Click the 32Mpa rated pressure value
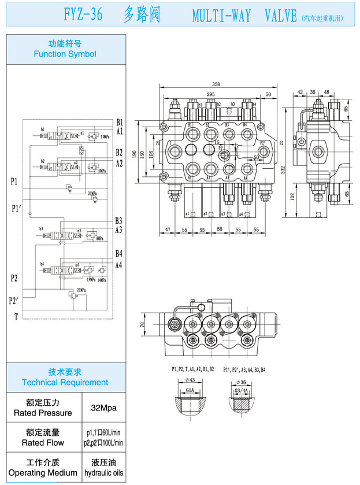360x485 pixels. tap(104, 408)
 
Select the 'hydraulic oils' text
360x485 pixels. tap(104, 473)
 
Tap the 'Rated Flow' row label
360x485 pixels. tap(43, 443)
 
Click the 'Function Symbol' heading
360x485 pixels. tap(65, 54)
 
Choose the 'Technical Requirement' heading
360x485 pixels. tap(65, 382)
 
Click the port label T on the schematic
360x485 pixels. tap(16, 316)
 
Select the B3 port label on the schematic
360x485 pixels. tap(118, 221)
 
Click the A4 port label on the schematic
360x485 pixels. tap(118, 265)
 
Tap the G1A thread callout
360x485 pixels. tap(190, 391)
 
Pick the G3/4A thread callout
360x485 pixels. tap(242, 391)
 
